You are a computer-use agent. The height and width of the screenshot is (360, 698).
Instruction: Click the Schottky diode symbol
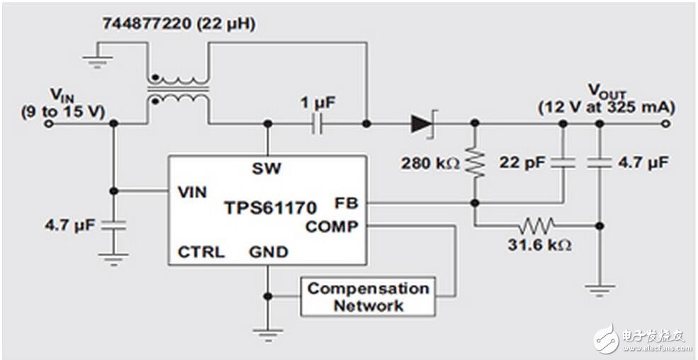pyautogui.click(x=422, y=123)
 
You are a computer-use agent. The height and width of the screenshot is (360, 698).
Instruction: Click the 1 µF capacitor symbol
pyautogui.click(x=317, y=123)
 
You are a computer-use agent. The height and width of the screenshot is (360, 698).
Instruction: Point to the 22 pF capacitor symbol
pyautogui.click(x=563, y=163)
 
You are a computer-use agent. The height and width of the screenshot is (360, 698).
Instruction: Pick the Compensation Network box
pyautogui.click(x=368, y=297)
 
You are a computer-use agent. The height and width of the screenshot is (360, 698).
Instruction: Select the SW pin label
pyautogui.click(x=266, y=169)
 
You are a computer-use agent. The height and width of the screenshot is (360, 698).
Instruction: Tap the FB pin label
pyautogui.click(x=347, y=203)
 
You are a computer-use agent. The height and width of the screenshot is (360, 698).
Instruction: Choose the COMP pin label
pyautogui.click(x=332, y=227)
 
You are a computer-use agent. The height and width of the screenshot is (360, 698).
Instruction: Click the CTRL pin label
pyautogui.click(x=201, y=252)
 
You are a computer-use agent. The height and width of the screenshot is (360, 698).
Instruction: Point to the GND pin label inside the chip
pyautogui.click(x=269, y=252)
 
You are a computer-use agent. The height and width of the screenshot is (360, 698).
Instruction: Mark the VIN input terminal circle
pyautogui.click(x=49, y=123)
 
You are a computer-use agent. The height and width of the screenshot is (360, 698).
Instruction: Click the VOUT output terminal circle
pyautogui.click(x=665, y=123)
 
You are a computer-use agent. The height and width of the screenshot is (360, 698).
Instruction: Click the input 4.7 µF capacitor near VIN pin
pyautogui.click(x=113, y=225)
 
